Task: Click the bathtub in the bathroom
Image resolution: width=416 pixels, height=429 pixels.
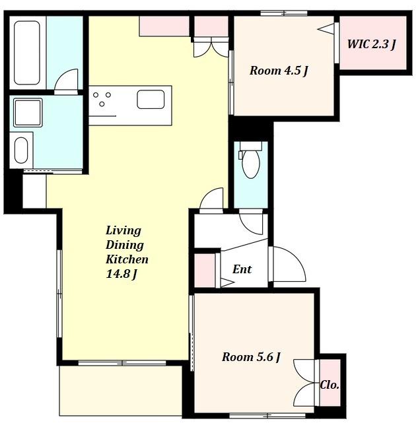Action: point(27,53)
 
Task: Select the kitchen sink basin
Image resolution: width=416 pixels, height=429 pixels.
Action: point(151,100)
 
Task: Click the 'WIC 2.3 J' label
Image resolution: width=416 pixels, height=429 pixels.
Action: point(372,44)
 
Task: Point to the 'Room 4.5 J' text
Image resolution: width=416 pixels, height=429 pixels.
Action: point(279,71)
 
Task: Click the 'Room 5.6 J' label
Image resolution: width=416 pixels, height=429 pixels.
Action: point(251,357)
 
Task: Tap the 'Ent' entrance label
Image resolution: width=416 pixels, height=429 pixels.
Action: point(242,269)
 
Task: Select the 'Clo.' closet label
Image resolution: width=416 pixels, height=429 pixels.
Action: point(329,385)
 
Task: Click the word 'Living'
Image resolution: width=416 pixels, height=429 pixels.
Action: point(123,230)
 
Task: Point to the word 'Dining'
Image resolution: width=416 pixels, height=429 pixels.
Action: point(125,245)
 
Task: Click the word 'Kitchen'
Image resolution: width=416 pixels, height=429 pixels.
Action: point(127,259)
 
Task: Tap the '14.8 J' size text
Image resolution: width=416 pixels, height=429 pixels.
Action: point(121,274)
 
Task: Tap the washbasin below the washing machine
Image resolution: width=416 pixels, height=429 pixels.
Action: point(21,150)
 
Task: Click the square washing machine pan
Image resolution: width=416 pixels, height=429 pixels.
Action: point(28,113)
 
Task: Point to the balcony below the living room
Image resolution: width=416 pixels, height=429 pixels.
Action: point(121,391)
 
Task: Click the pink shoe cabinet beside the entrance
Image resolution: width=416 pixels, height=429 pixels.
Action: point(205,271)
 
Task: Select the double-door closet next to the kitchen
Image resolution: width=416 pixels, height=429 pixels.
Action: point(211,26)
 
